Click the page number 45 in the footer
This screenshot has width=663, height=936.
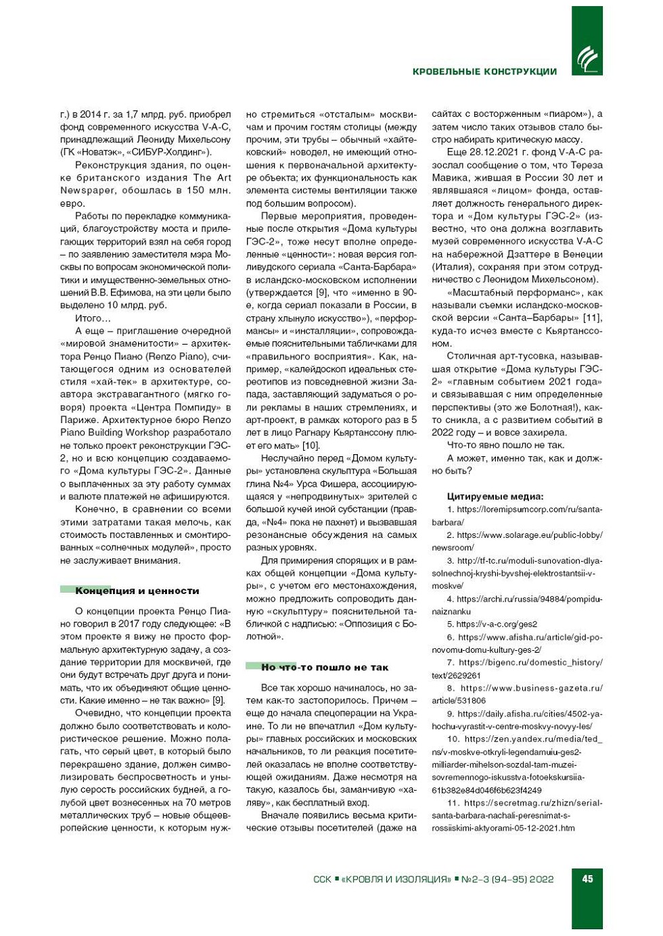[587, 879]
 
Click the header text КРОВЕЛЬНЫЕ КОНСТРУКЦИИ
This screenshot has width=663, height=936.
[484, 72]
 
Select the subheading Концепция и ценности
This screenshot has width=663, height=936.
[137, 591]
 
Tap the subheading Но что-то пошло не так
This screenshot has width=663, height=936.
[325, 667]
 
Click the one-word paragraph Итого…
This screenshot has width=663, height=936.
[93, 318]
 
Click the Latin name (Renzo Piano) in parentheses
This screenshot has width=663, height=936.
[165, 356]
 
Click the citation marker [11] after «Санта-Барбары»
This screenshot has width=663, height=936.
[592, 318]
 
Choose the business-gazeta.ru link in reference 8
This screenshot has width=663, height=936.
[531, 688]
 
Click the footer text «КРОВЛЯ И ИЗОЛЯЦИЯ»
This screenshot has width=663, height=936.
[396, 879]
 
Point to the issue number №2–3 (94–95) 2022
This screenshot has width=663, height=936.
[507, 879]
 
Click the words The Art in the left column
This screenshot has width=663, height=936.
[212, 178]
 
